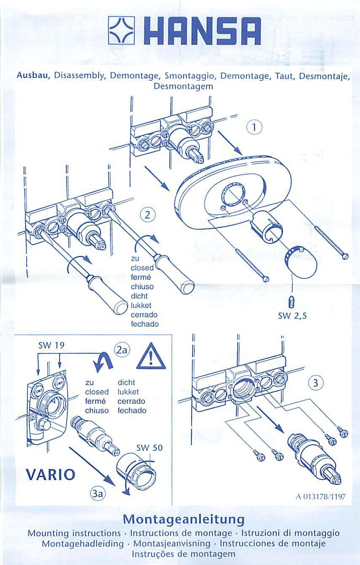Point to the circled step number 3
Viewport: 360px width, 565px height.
[315, 384]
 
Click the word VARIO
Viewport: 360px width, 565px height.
[49, 475]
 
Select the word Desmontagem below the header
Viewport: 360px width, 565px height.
[184, 87]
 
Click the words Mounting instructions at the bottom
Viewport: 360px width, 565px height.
[74, 533]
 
